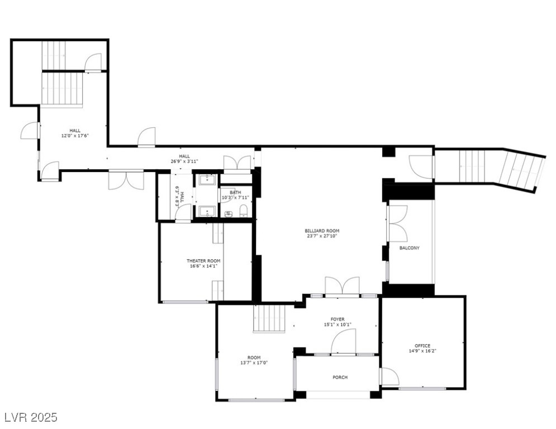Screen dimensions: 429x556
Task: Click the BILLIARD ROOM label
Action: (x=322, y=231)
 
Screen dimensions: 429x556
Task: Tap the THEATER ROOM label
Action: (x=203, y=261)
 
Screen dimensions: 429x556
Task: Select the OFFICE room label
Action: (x=422, y=346)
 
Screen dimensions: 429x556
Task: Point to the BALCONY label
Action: (x=409, y=248)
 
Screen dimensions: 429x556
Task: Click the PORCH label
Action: (x=340, y=378)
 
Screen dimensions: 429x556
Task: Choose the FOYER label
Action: (x=338, y=320)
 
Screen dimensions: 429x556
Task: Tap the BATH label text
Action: (x=235, y=193)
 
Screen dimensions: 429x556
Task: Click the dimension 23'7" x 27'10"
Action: (x=322, y=236)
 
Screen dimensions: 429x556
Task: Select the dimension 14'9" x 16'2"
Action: (x=422, y=351)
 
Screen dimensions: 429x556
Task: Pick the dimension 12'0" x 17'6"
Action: (x=75, y=136)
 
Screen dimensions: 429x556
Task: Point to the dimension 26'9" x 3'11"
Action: (x=184, y=161)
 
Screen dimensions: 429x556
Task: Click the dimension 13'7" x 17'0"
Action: (x=254, y=363)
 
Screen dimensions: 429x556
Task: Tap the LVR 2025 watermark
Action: (x=30, y=417)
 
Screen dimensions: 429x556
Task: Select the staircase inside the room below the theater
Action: (x=269, y=318)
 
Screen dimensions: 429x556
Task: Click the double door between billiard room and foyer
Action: (x=342, y=286)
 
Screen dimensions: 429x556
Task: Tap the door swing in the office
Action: (x=389, y=377)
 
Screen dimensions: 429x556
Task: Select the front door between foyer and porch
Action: (x=344, y=342)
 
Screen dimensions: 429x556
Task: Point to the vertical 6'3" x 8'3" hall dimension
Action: (x=178, y=197)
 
